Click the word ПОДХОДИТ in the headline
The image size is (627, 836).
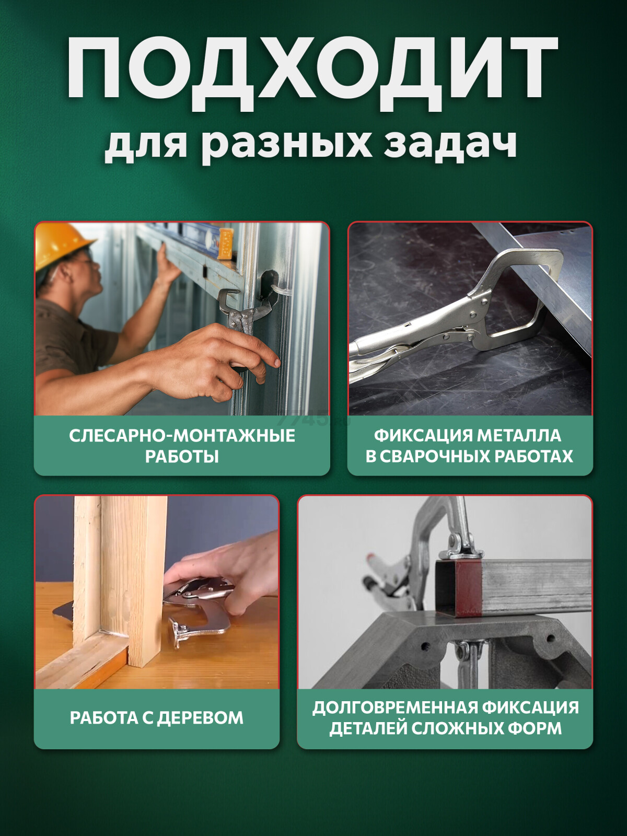pyautogui.click(x=312, y=68)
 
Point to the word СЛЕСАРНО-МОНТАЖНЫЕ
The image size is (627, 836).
pyautogui.click(x=182, y=436)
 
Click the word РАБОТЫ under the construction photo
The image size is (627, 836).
pyautogui.click(x=182, y=457)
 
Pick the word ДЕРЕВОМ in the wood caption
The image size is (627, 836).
pyautogui.click(x=200, y=718)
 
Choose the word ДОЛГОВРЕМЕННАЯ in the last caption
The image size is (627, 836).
pyautogui.click(x=394, y=707)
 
